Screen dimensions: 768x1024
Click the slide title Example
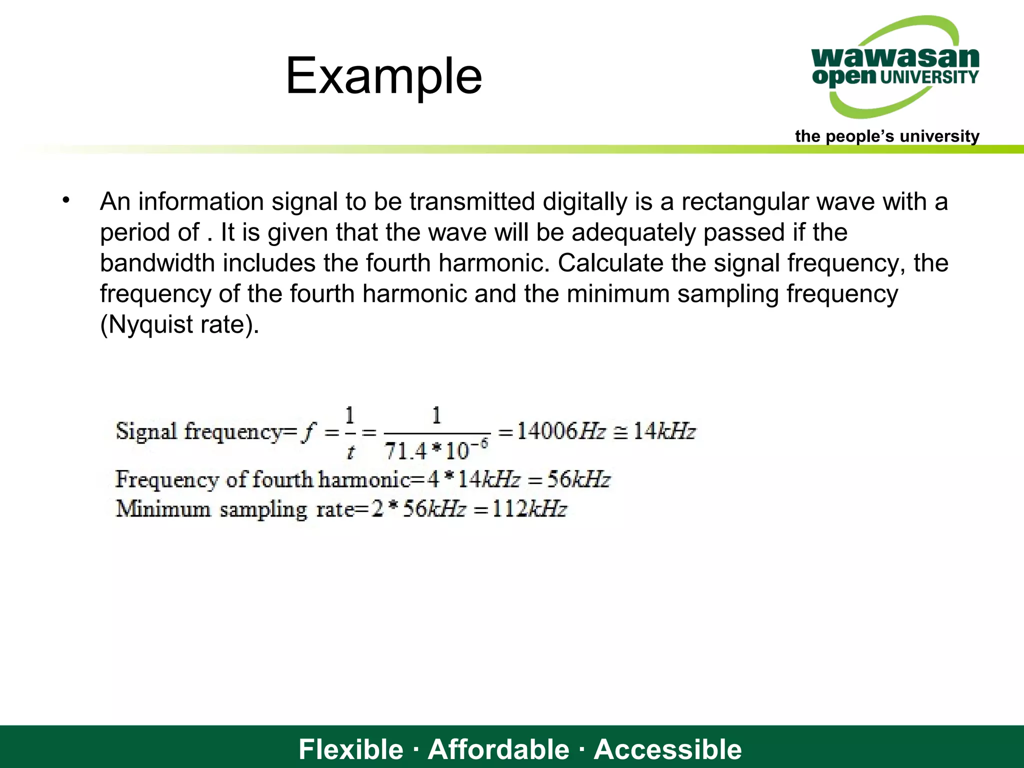pyautogui.click(x=383, y=76)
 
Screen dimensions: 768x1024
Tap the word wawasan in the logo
pyautogui.click(x=895, y=57)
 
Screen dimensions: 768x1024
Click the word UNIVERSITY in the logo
pyautogui.click(x=929, y=77)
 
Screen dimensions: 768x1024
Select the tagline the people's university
pyautogui.click(x=887, y=136)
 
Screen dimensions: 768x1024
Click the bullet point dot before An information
pyautogui.click(x=66, y=201)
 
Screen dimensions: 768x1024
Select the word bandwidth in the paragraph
pyautogui.click(x=157, y=263)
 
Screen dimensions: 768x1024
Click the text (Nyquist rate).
pyautogui.click(x=179, y=324)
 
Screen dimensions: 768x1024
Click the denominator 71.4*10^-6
pyautogui.click(x=436, y=450)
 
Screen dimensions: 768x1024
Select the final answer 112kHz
pyautogui.click(x=529, y=509)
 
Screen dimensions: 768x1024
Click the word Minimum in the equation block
pyautogui.click(x=163, y=509)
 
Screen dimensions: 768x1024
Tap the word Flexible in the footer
pyautogui.click(x=350, y=749)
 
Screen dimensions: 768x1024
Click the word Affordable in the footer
pyautogui.click(x=498, y=749)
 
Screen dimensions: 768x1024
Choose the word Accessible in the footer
pyautogui.click(x=667, y=749)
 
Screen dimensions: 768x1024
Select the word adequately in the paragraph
pyautogui.click(x=633, y=232)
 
